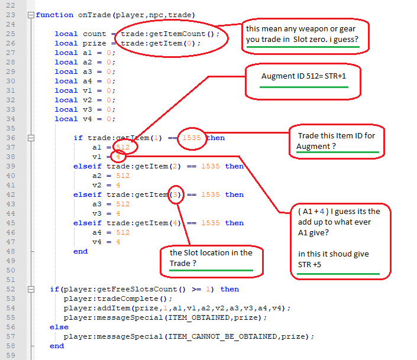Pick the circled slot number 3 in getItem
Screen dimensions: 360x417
(176, 194)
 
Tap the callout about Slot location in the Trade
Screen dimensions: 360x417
(211, 258)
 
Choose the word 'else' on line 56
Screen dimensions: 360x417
(59, 327)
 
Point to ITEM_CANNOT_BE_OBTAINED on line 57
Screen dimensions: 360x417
(222, 336)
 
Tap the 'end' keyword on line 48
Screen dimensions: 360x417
(80, 251)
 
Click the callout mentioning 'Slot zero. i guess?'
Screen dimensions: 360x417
(308, 37)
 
